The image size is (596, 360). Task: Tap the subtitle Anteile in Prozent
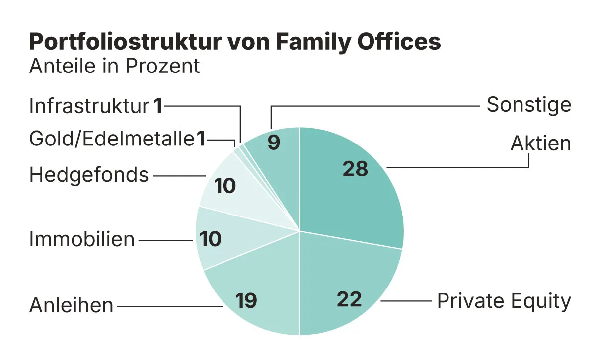[115, 66]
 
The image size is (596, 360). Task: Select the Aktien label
[541, 144]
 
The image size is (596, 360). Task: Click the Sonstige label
[528, 105]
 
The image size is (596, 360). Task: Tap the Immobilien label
[82, 239]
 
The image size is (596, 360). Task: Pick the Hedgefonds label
[89, 175]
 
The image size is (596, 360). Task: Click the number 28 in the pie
[355, 169]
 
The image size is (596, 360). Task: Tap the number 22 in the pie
[349, 299]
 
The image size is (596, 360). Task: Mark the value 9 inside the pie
[274, 143]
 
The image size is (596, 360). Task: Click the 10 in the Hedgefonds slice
[225, 186]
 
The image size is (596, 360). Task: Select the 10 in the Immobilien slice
[210, 239]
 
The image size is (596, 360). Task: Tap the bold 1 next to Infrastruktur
[158, 106]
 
